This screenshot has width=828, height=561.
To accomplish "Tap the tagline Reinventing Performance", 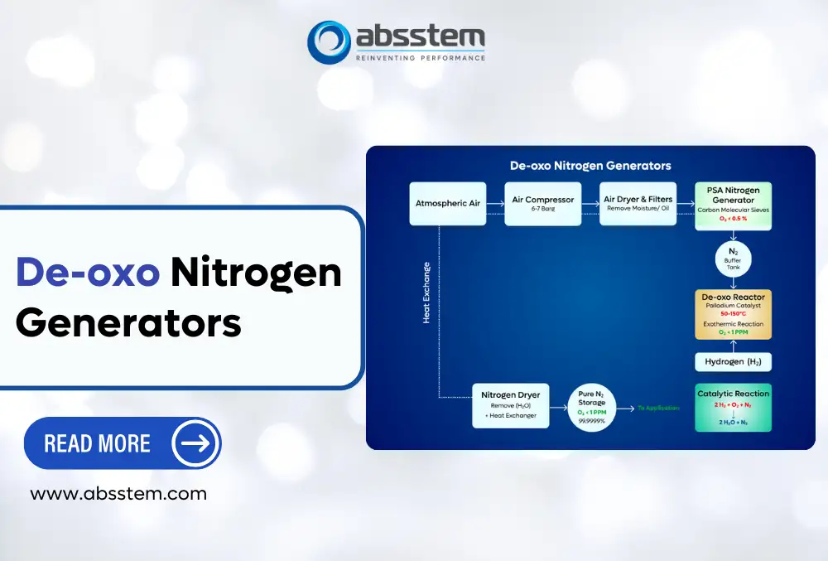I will pos(420,58).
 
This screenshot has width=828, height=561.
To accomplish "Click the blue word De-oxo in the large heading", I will pos(88,273).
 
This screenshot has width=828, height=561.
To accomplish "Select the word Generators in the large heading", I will pos(128,321).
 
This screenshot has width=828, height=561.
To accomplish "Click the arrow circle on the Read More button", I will pos(195,443).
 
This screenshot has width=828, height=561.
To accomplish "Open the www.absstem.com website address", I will pos(118,494).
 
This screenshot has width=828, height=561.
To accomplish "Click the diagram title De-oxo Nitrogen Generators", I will pos(590,166).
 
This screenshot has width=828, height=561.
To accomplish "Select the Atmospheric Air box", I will pos(447,203).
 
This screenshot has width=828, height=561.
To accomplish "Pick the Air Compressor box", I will pos(542,203).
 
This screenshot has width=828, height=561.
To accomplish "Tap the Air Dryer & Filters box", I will pos(638,203).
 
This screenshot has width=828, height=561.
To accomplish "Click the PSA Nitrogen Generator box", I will pos(733,204).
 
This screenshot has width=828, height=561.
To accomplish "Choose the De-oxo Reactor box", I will pos(733,313).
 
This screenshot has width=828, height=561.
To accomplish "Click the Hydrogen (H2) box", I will pos(733,361).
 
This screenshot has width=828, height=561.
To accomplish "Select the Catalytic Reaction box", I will pos(733,407).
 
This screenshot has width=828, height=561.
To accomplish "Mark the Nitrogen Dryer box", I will pos(510,405).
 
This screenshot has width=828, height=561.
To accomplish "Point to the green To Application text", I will pos(658,408).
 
